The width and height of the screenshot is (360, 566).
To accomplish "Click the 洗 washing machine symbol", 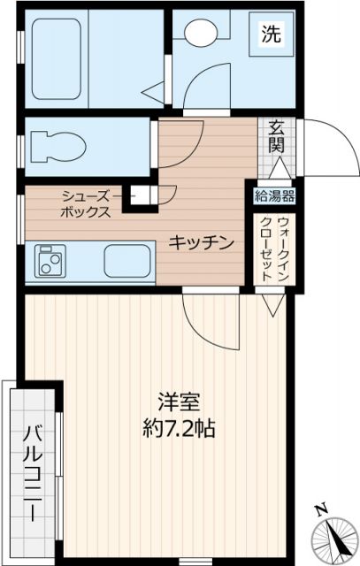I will click(271, 35).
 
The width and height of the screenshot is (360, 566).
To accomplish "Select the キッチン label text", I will click(202, 241).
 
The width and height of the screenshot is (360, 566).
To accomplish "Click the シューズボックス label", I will click(86, 204).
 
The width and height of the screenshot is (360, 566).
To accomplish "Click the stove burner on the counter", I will click(47, 263).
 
